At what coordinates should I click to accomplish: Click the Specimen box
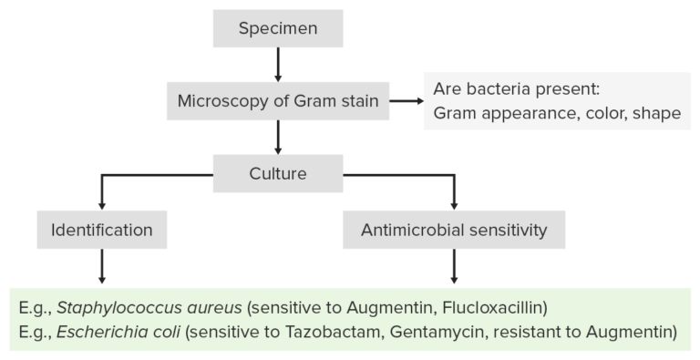pyautogui.click(x=278, y=28)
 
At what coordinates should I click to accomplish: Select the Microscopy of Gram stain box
pyautogui.click(x=278, y=100)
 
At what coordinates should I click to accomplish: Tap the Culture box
pyautogui.click(x=278, y=172)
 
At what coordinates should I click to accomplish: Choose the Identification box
pyautogui.click(x=101, y=230)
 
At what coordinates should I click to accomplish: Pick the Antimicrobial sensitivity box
pyautogui.click(x=454, y=230)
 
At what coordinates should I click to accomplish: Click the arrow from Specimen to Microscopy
pyautogui.click(x=278, y=64)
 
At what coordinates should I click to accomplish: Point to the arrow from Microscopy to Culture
pyautogui.click(x=278, y=136)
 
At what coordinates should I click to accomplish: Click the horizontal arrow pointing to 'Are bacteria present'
pyautogui.click(x=406, y=101)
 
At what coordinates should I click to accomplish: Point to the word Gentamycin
pyautogui.click(x=433, y=333)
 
